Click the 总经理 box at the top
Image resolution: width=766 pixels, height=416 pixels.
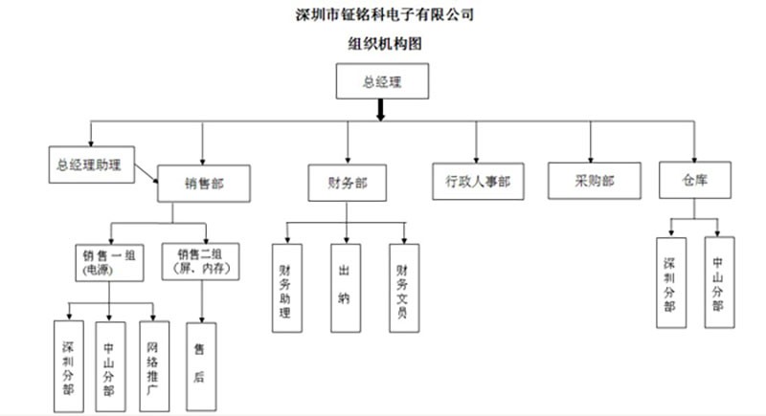[x=381, y=81]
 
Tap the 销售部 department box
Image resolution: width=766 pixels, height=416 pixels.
[x=204, y=182]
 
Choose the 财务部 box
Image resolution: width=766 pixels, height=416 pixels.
[x=348, y=182]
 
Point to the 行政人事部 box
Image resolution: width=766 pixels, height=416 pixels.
[x=478, y=181]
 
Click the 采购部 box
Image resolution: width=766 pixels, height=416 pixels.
[x=594, y=180]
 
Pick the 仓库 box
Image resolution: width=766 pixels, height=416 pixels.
[x=695, y=179]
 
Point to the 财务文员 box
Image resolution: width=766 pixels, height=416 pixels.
[x=403, y=287]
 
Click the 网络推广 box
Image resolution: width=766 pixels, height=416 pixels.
[x=153, y=364]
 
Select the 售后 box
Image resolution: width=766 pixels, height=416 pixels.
[x=199, y=364]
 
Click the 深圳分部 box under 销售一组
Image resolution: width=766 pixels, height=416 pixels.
[x=68, y=364]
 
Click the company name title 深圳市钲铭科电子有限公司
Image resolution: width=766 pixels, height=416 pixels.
[x=383, y=14]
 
